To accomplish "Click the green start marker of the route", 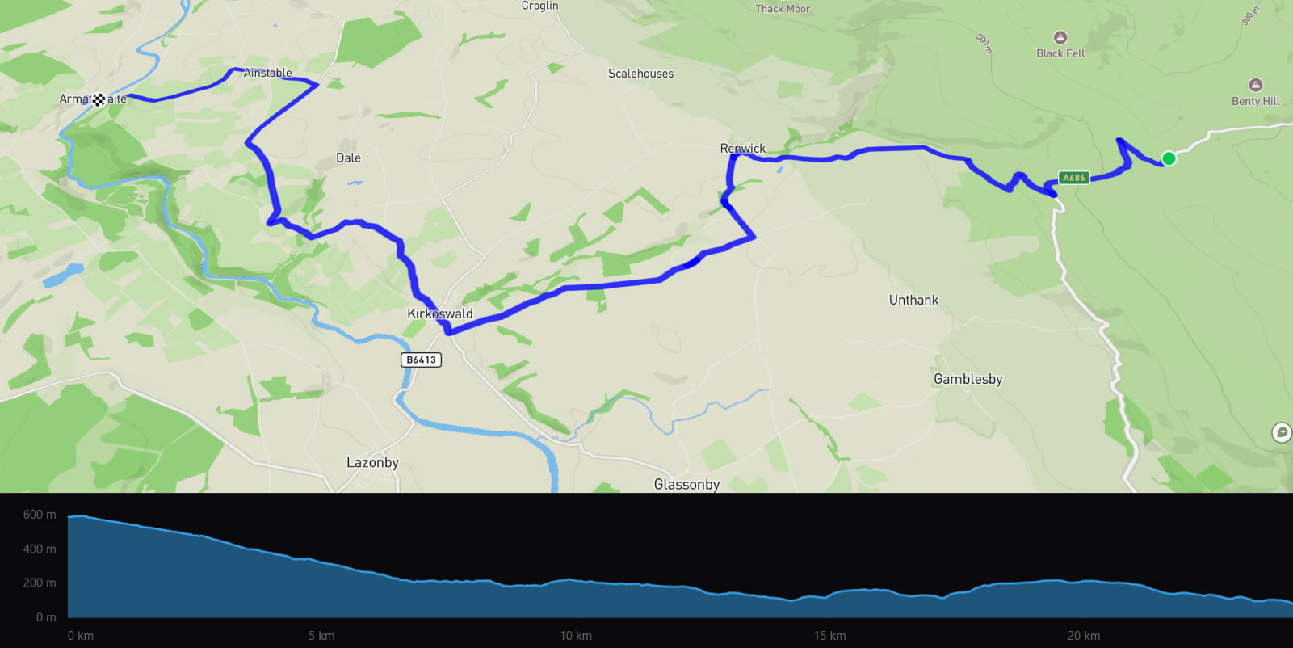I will coord(1168,158).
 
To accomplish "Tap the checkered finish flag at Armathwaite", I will coord(99,99).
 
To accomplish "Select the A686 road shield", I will coord(1073,178).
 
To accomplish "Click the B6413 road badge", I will coord(421,360).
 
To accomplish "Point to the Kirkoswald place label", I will coord(440,313).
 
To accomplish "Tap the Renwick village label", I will coord(742,149).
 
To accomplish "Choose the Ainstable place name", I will coord(267,73).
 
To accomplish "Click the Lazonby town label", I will coord(372,462).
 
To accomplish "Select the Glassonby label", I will coord(686,484).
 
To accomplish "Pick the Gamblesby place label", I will coord(968,379).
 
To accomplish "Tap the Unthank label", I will coord(913,300).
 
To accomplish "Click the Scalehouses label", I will coord(640,74).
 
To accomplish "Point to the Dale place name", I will coord(348,158).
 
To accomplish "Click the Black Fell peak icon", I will coord(1060,38).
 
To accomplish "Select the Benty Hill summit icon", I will coord(1255,85).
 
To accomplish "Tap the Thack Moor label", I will coord(782,9).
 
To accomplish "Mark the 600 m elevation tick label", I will coord(40,515).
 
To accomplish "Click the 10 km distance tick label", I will coord(576,636).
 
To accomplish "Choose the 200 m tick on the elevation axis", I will coord(40,583).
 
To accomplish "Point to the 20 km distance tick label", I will coord(1083,636).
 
